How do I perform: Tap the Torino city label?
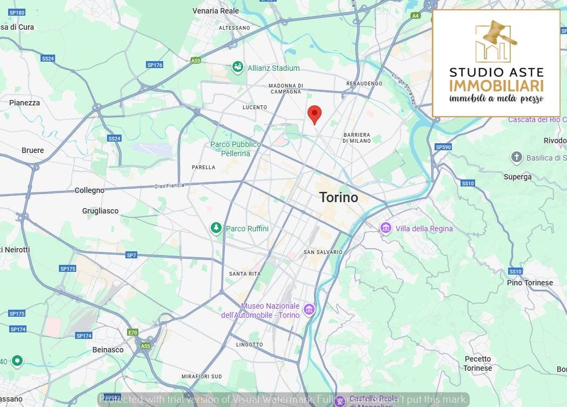338,197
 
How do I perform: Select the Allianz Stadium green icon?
237,68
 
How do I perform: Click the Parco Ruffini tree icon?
216,228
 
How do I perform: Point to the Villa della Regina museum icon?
385,228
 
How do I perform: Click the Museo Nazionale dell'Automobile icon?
309,310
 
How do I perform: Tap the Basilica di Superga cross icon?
517,157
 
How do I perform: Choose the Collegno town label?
89,190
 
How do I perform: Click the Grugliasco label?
100,211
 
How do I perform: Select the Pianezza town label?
24,103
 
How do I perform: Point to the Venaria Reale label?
216,10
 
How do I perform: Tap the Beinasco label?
108,350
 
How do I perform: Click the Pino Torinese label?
530,283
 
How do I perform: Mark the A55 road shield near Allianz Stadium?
196,61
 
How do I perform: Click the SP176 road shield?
155,65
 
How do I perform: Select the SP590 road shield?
443,147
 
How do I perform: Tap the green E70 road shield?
133,333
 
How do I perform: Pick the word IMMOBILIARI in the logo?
496,86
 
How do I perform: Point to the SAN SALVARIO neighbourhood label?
323,252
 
